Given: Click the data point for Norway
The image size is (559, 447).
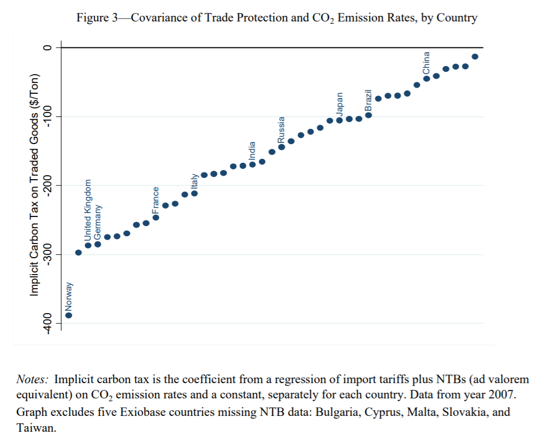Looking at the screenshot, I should [68, 315].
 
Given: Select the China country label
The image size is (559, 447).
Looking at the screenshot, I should [427, 63].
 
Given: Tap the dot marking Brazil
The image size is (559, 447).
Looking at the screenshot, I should [369, 115].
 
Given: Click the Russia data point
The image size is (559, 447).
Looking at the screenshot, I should [281, 147].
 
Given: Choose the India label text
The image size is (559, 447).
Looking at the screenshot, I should [253, 151].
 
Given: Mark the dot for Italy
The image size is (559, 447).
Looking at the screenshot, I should [194, 193].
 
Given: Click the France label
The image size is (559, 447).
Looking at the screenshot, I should [156, 200].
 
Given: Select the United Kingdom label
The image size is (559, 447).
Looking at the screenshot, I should [88, 211].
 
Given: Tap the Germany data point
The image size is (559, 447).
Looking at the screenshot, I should [97, 244].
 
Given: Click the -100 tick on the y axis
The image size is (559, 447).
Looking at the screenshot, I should [47, 116].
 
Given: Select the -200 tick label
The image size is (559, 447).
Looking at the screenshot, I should [47, 185].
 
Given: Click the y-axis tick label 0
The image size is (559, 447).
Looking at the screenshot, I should [47, 48].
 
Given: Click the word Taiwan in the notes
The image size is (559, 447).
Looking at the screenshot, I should [36, 428].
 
